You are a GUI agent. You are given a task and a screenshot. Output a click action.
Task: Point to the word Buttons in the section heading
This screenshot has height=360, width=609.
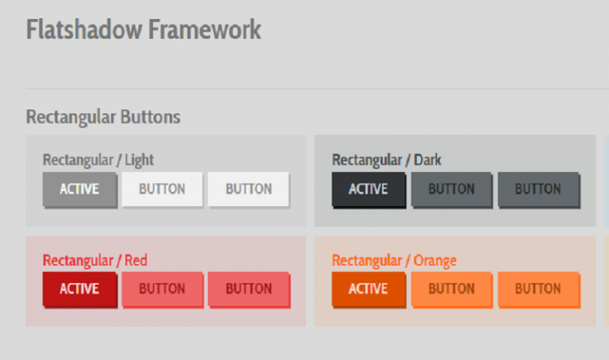point(150,117)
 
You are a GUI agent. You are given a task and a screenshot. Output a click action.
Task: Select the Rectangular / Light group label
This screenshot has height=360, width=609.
point(98,160)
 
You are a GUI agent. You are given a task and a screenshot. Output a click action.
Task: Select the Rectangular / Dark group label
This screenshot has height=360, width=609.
point(387,160)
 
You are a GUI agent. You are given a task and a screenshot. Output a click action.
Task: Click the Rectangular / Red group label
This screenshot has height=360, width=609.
point(95,260)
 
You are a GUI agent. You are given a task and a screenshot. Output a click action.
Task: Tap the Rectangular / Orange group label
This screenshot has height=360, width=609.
point(394,260)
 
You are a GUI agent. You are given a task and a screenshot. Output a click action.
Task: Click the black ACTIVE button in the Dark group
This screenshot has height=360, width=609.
point(368,190)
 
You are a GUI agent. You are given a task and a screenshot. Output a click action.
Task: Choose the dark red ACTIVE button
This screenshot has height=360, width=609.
point(79,289)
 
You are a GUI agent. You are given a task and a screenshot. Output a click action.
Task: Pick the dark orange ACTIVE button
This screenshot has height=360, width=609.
point(368,289)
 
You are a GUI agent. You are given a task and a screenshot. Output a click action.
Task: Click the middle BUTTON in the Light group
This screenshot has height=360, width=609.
point(162,190)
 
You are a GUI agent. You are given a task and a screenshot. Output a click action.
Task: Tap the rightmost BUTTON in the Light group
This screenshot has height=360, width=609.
point(248,190)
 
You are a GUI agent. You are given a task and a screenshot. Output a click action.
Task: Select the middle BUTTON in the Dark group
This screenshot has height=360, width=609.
point(451,190)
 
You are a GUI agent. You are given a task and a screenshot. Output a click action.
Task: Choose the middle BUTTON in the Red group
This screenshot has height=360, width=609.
point(162,289)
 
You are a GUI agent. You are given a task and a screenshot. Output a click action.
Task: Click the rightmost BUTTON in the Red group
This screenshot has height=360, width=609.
point(248,289)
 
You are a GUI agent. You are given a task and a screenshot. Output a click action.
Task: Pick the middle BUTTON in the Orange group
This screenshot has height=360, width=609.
point(451,289)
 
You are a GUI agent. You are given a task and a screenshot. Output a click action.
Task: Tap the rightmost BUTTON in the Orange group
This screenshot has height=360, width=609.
point(538,289)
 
